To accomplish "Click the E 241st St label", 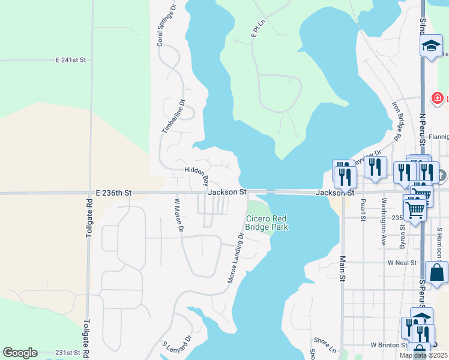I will (71, 61).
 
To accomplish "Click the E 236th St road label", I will (113, 193).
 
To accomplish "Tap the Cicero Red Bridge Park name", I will (267, 223).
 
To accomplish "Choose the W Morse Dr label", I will (178, 218).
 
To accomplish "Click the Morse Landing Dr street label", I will (235, 259).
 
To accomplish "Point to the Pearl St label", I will (363, 210).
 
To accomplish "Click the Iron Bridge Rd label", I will (396, 120).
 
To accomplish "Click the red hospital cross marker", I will (438, 98).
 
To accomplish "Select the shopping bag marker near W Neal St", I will (436, 271).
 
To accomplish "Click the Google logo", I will (20, 353).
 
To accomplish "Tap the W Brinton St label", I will (389, 345).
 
